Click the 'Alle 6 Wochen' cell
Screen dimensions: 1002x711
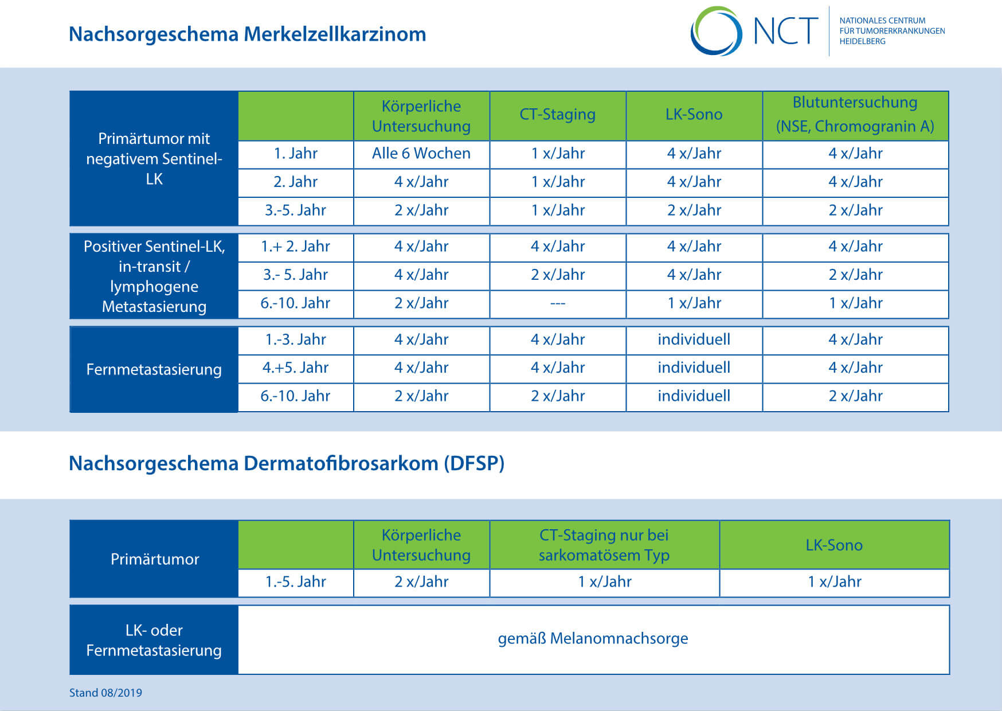(x=421, y=154)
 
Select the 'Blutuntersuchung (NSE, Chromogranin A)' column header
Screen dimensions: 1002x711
(x=855, y=115)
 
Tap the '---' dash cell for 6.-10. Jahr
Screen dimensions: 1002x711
(x=558, y=303)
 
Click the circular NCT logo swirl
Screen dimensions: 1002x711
(x=716, y=31)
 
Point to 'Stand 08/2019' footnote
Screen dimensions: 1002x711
(x=105, y=693)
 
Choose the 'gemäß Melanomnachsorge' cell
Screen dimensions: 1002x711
(x=593, y=639)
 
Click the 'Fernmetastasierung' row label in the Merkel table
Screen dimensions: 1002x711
(x=154, y=369)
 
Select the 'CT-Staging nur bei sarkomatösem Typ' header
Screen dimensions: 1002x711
(x=604, y=545)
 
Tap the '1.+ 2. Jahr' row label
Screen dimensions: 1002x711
(x=295, y=247)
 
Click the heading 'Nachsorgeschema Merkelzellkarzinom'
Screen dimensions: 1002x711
(x=248, y=34)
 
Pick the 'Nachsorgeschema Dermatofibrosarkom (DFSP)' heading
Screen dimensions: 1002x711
(x=287, y=463)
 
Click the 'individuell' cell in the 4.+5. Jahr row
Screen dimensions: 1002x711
(x=694, y=368)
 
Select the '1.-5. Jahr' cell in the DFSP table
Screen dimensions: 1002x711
(x=295, y=582)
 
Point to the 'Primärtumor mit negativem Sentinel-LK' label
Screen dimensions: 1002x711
(x=154, y=159)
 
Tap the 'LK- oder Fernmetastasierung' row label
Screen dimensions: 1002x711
(x=154, y=640)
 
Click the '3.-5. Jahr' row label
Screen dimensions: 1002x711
(x=295, y=210)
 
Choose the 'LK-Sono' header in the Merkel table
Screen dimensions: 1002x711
(x=694, y=115)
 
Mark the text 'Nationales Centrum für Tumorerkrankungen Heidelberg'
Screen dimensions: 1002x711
(x=892, y=31)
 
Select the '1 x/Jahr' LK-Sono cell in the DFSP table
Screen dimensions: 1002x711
(x=834, y=582)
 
